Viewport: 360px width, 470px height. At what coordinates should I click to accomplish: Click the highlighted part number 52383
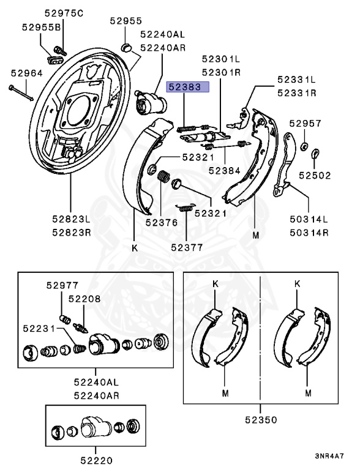click(188, 87)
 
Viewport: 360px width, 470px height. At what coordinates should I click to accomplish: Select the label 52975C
click(64, 13)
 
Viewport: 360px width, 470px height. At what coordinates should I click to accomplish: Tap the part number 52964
click(27, 73)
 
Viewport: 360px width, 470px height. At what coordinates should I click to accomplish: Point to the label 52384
click(225, 171)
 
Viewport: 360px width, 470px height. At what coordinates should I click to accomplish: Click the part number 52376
click(162, 222)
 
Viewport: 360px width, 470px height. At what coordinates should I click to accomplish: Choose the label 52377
click(187, 247)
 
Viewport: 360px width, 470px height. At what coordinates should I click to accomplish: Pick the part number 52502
click(315, 176)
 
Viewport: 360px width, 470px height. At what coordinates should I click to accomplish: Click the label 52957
click(306, 123)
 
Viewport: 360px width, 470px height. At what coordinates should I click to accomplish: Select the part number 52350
click(261, 420)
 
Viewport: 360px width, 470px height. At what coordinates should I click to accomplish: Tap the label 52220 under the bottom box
click(96, 460)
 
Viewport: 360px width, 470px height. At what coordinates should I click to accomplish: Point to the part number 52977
click(62, 285)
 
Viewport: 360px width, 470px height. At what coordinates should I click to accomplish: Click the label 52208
click(84, 299)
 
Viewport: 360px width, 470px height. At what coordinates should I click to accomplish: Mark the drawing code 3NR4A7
click(329, 456)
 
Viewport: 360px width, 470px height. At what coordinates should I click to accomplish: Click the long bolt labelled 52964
click(21, 93)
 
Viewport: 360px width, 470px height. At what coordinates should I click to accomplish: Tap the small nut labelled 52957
click(304, 146)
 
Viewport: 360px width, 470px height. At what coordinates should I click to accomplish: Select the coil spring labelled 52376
click(163, 176)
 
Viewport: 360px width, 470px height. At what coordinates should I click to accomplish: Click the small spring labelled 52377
click(186, 207)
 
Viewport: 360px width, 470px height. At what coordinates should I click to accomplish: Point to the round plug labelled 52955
click(127, 47)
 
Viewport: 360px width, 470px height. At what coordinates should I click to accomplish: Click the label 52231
click(39, 329)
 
